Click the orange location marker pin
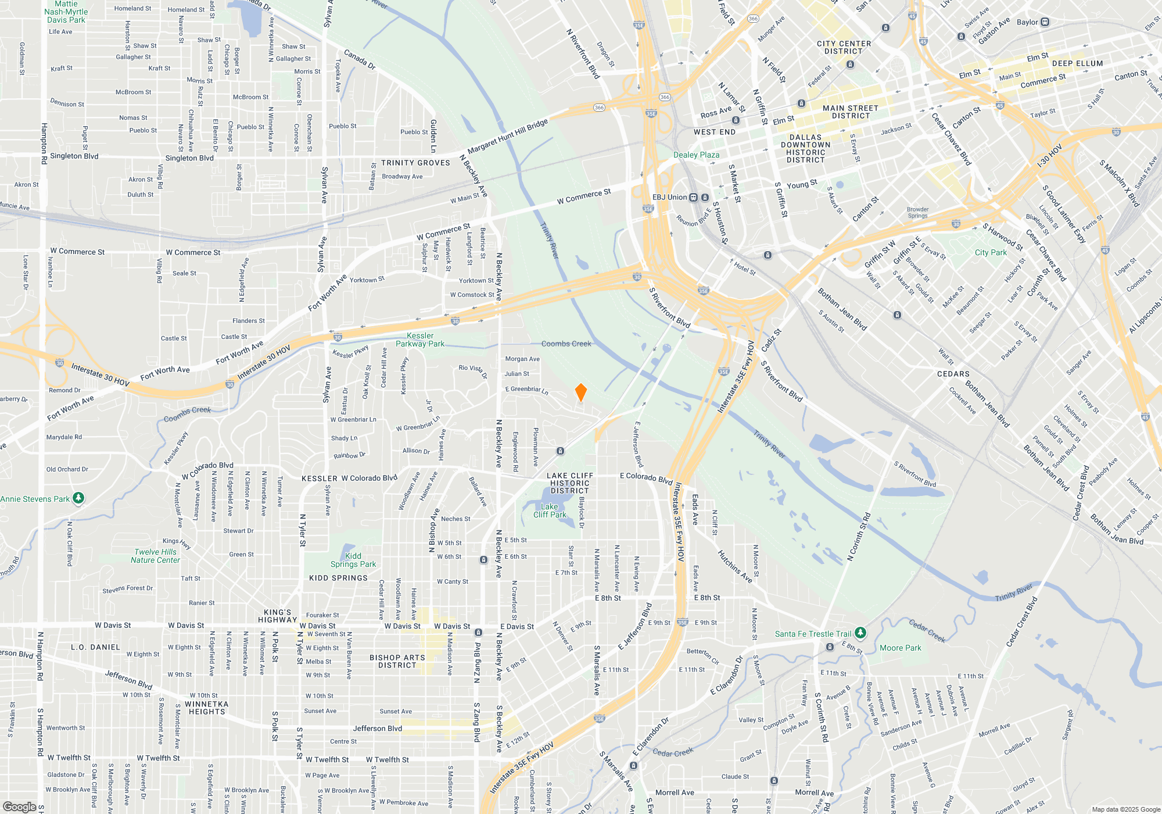point(580,392)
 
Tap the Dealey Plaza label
point(696,155)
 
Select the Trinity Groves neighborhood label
point(415,163)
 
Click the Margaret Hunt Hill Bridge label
point(507,137)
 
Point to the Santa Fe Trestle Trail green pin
point(860,633)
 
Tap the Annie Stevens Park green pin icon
point(78,498)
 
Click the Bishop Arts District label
point(397,661)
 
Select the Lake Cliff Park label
point(550,510)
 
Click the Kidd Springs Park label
point(353,560)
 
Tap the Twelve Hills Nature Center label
point(155,556)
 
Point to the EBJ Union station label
point(669,197)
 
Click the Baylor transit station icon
point(1045,22)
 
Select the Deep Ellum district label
point(1077,63)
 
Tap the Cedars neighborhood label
point(953,374)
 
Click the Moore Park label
point(900,648)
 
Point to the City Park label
point(991,252)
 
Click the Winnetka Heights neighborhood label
point(206,708)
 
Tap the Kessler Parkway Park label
point(420,340)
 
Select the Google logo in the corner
point(19,807)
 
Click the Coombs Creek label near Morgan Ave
point(566,344)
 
